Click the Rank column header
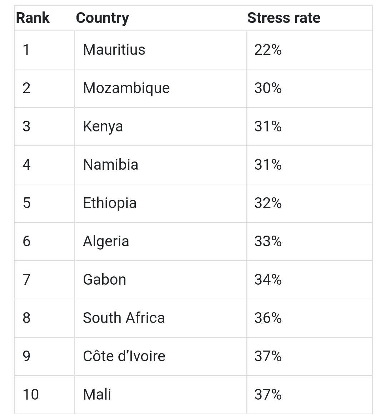(33, 18)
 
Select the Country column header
(102, 18)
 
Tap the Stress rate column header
(283, 18)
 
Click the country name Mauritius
(114, 50)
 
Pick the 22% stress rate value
(268, 50)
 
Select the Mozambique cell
(126, 88)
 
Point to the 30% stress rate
(268, 88)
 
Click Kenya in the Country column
(103, 126)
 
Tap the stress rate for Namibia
(268, 165)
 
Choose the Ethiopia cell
(110, 203)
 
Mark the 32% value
(268, 203)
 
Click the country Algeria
(106, 241)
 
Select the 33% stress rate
(268, 241)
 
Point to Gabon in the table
(104, 280)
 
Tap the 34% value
(268, 280)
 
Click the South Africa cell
(124, 318)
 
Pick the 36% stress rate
(268, 318)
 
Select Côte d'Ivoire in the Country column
(124, 356)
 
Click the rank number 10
(31, 395)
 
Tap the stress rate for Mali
(268, 395)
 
